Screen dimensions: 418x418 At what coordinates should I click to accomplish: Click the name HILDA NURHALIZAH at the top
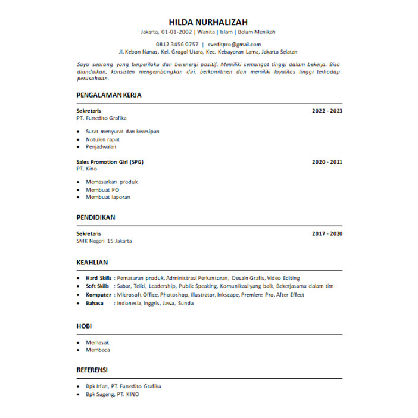click(208, 23)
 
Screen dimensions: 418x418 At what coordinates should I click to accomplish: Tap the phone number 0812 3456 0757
click(177, 45)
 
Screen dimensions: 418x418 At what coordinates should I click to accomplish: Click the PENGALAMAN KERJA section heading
click(109, 95)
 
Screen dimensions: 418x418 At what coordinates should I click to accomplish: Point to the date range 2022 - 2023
click(327, 111)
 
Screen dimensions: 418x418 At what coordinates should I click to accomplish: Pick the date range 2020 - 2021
click(327, 162)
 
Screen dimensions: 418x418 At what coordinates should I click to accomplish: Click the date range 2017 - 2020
click(327, 234)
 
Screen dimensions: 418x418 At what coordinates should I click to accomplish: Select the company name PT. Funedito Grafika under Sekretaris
click(102, 118)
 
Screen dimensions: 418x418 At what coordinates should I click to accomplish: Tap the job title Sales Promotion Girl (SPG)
click(110, 162)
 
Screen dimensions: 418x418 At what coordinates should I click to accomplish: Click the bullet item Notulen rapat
click(102, 139)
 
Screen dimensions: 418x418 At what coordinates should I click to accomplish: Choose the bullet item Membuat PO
click(102, 189)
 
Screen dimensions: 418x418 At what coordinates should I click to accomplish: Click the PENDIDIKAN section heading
click(96, 217)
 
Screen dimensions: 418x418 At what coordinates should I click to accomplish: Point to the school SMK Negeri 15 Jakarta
click(105, 241)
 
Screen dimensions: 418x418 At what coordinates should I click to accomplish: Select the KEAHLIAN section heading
click(92, 261)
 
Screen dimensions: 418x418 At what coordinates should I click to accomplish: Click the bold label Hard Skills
click(98, 278)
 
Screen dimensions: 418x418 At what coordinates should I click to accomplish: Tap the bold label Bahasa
click(95, 303)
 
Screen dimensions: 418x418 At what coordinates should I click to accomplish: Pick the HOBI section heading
click(84, 326)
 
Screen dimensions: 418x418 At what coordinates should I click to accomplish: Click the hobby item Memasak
click(98, 342)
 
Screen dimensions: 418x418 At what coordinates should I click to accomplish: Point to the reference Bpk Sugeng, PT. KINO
click(113, 394)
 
